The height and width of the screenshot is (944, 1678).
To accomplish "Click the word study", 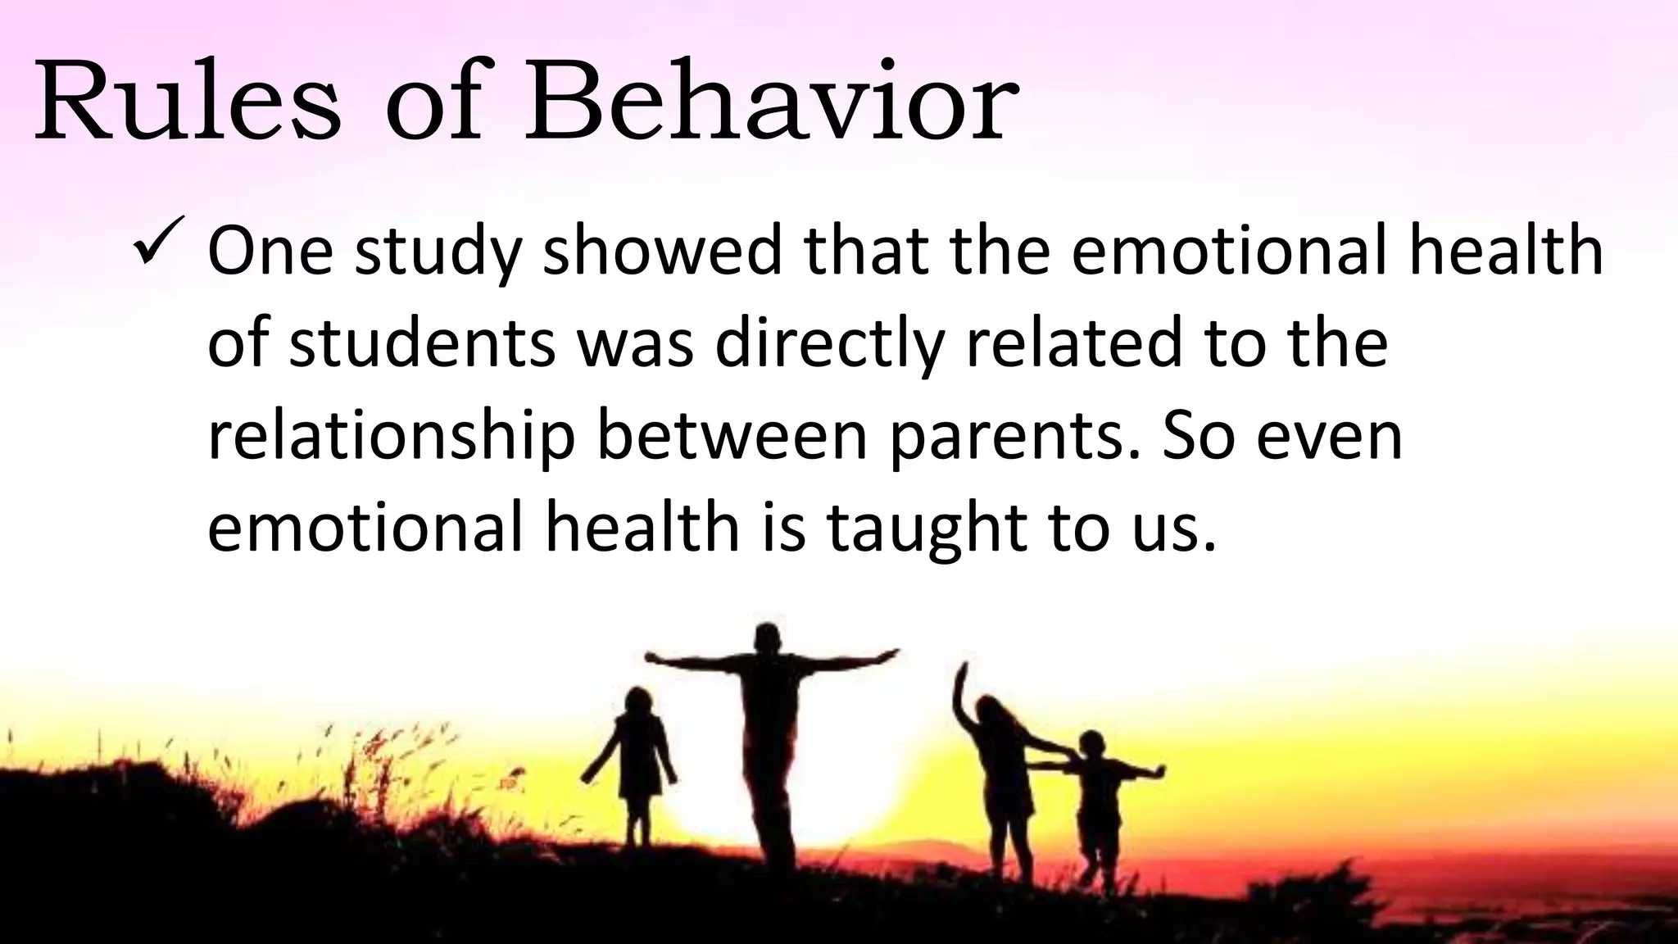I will (x=438, y=252).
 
